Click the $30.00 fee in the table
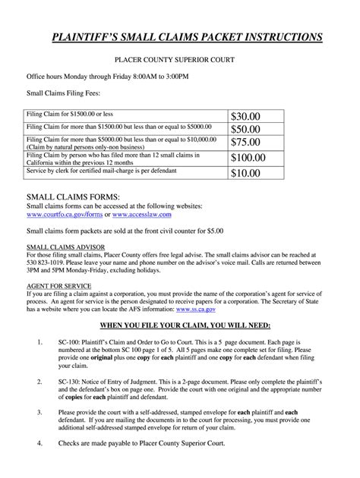(246, 115)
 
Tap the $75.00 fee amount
(246, 142)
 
